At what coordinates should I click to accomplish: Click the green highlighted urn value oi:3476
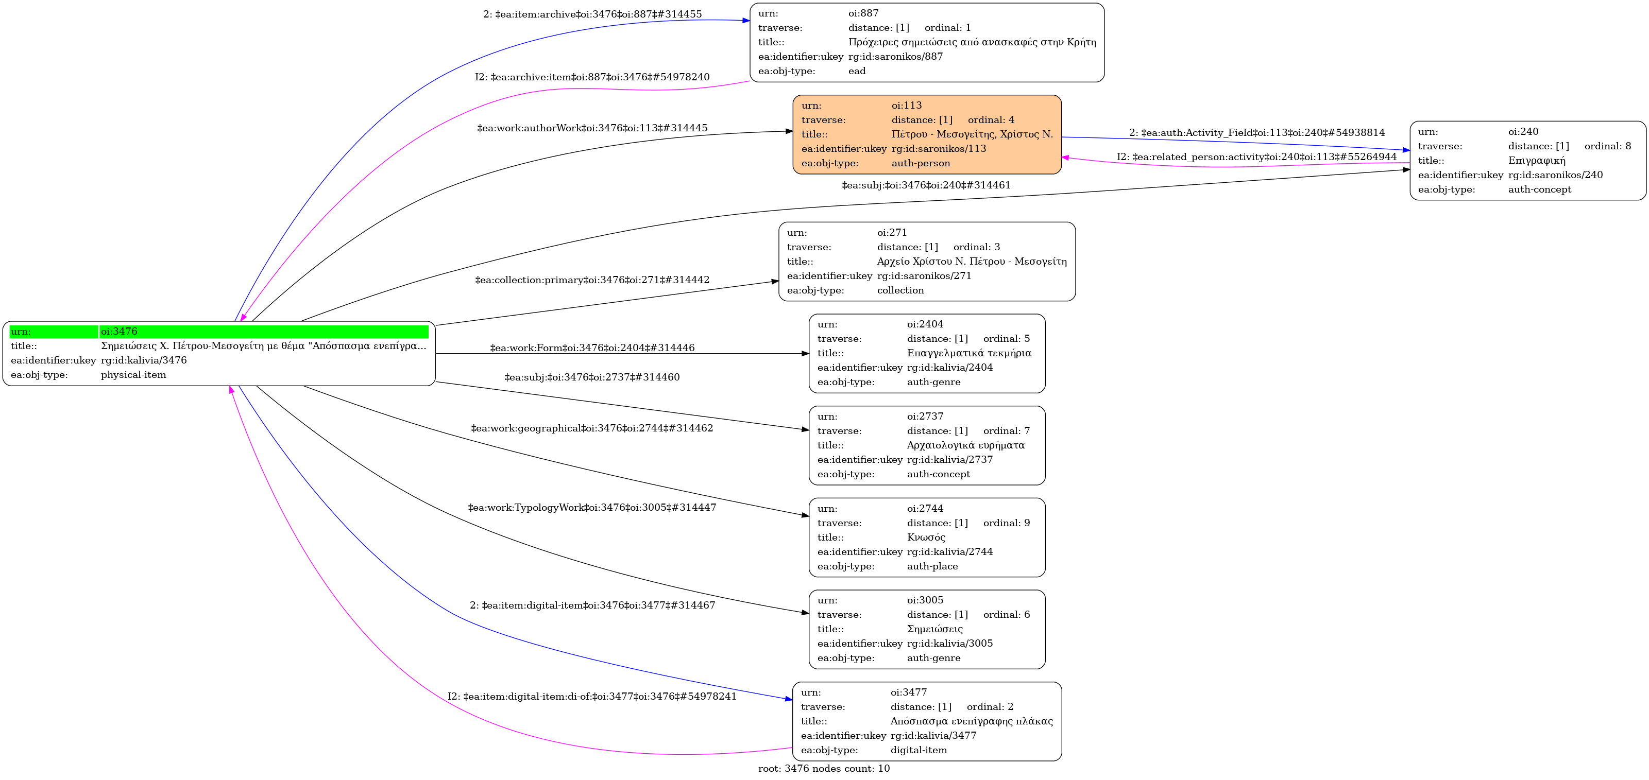(119, 332)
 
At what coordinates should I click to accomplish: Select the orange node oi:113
(926, 134)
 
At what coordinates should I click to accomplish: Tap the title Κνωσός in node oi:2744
(926, 538)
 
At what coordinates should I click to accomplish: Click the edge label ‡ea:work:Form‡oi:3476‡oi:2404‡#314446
(591, 348)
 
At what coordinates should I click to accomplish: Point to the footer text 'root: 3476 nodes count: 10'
(823, 769)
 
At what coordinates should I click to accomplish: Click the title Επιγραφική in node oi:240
(1536, 161)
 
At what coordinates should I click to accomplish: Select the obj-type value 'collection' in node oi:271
(900, 290)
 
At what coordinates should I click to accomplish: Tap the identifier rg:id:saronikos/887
(895, 56)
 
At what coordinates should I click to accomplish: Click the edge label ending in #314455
(591, 14)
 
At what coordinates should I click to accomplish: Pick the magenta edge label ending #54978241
(591, 696)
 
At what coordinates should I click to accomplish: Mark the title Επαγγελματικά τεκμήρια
(968, 353)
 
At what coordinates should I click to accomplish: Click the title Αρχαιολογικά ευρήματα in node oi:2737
(965, 445)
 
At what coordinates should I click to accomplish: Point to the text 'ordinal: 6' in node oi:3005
(1006, 615)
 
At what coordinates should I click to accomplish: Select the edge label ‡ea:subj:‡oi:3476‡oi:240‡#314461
(926, 185)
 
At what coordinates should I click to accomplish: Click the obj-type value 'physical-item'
(133, 375)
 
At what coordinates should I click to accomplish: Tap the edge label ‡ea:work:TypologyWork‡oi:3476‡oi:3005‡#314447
(591, 508)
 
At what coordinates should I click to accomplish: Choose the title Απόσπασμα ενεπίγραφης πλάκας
(971, 721)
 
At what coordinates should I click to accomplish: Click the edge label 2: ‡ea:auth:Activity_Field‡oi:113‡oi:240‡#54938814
(1256, 132)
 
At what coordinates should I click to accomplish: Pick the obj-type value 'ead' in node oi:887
(857, 71)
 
